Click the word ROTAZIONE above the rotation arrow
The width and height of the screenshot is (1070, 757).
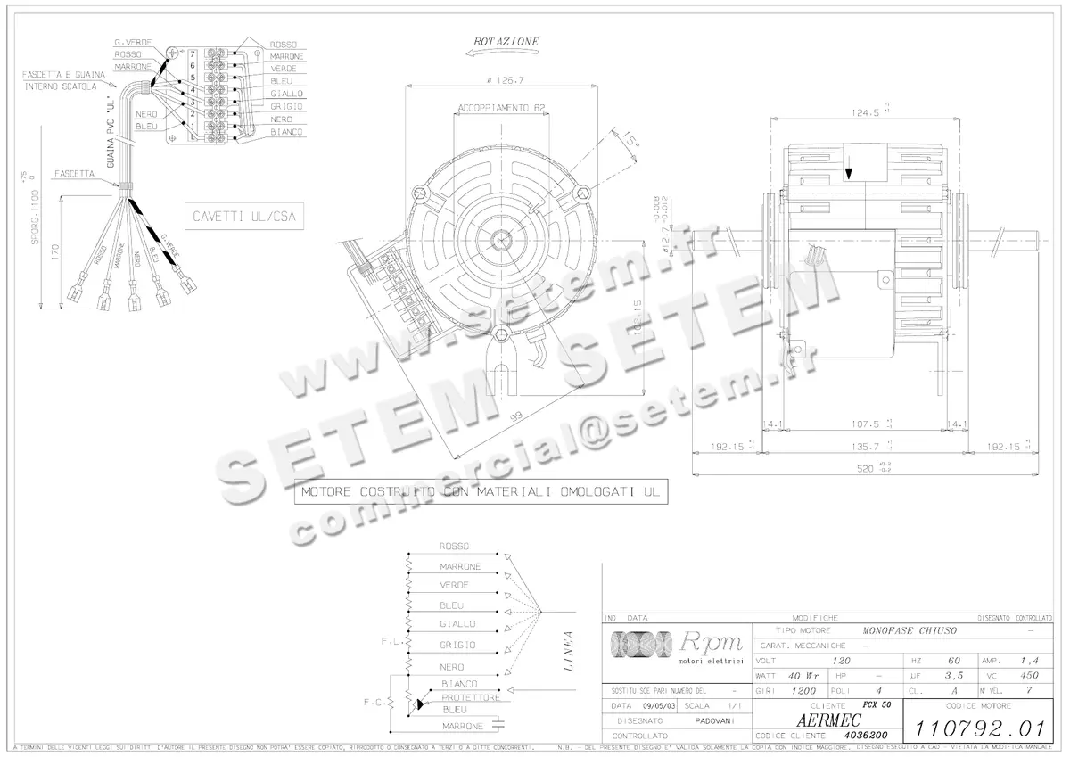[x=506, y=42]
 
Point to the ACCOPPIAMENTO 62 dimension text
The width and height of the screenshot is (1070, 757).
[x=501, y=108]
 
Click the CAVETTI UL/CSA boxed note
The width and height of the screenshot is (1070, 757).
[x=243, y=216]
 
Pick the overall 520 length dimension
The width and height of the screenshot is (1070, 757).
[x=861, y=467]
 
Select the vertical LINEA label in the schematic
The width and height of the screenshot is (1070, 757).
[x=569, y=653]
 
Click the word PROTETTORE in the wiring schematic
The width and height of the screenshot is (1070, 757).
[x=470, y=696]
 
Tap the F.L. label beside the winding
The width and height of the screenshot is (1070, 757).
[x=390, y=641]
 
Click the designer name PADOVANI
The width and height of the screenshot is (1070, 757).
[x=714, y=720]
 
